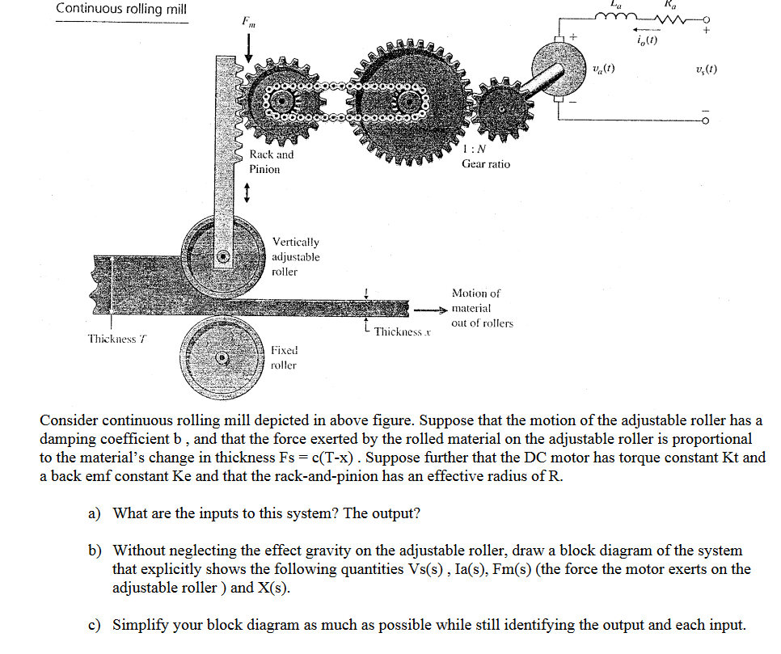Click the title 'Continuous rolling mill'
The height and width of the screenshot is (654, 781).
[121, 9]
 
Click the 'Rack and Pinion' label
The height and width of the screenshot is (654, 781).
[271, 162]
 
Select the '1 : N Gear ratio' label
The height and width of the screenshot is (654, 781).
[486, 156]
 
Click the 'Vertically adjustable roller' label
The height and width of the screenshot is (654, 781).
[295, 256]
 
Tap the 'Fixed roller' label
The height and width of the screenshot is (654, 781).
[284, 357]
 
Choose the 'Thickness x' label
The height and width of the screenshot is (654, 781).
[399, 332]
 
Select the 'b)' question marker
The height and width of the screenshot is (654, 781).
[96, 551]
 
